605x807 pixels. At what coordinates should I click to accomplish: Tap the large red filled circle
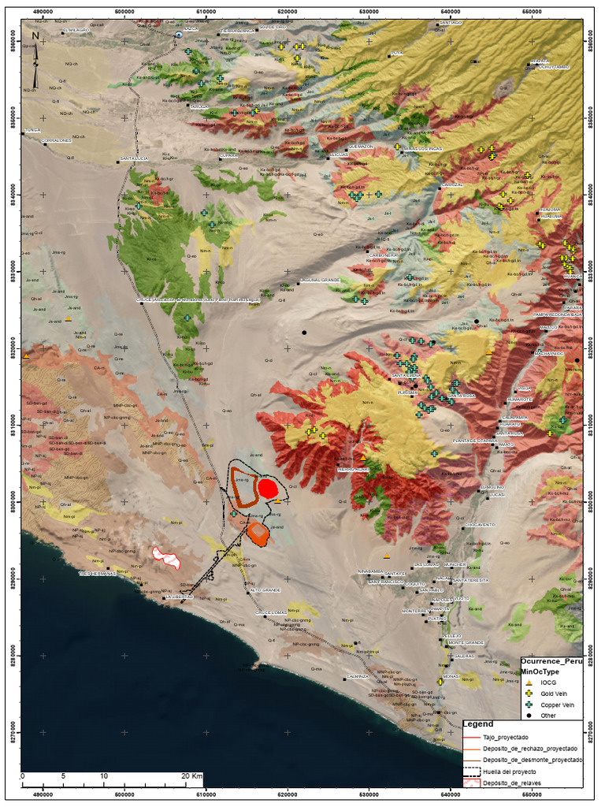click(268, 489)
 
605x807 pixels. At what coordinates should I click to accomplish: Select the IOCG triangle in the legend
click(529, 682)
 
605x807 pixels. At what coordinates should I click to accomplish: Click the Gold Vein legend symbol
click(529, 693)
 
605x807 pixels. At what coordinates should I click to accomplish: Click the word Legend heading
click(478, 724)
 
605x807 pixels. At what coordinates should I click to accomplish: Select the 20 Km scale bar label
click(192, 776)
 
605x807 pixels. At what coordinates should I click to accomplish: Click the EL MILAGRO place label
click(76, 30)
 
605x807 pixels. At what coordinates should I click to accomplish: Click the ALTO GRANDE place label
click(265, 589)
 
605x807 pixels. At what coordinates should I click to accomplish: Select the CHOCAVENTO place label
click(480, 524)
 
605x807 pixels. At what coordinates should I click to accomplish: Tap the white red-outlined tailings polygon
click(167, 556)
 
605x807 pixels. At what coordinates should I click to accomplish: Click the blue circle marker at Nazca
click(180, 35)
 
